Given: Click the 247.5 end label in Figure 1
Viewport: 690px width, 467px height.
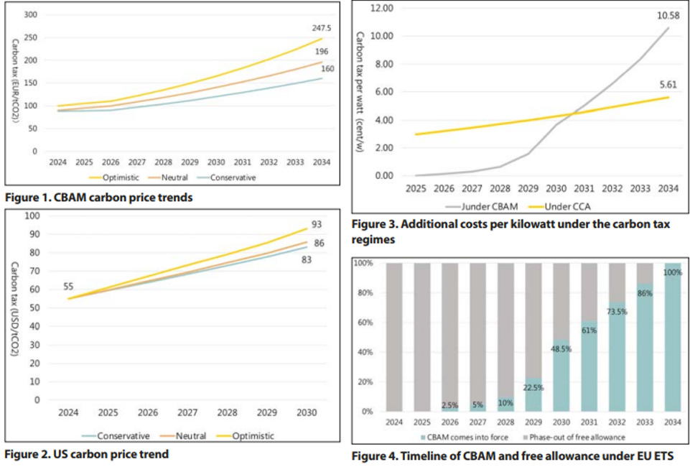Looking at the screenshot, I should (x=321, y=28).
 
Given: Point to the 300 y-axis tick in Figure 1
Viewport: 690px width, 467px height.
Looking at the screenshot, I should (x=30, y=14).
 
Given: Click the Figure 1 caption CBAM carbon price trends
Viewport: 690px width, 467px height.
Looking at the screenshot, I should (x=99, y=198).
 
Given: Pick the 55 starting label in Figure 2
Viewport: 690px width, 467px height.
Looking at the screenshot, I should (x=69, y=287).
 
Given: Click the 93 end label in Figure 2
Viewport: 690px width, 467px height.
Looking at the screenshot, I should (x=317, y=223).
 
